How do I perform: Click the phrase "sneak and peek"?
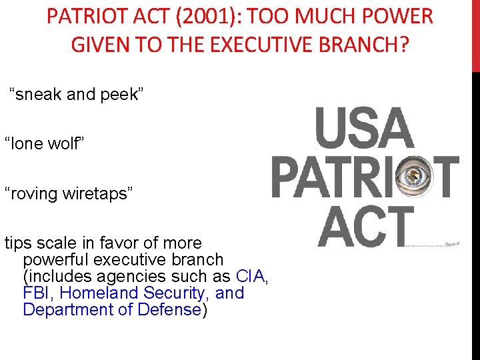click(76, 95)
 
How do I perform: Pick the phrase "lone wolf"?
click(43, 143)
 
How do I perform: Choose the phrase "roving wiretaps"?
click(69, 193)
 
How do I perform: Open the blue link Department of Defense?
click(112, 309)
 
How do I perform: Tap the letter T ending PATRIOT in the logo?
click(445, 177)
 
